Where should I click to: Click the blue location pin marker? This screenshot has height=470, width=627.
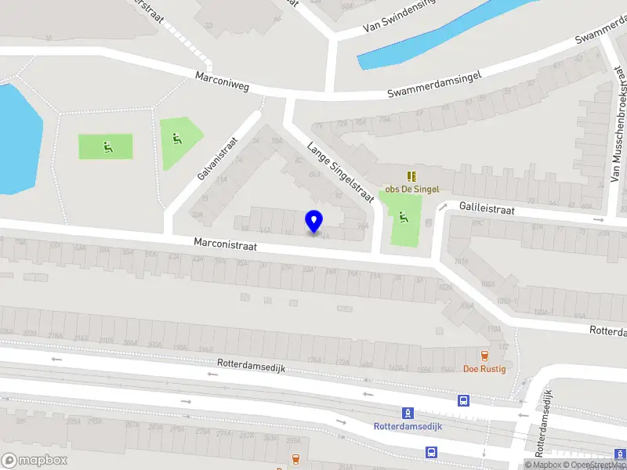[314, 222]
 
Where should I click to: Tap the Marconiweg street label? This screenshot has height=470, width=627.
[223, 81]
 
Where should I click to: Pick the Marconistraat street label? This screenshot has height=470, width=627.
[227, 246]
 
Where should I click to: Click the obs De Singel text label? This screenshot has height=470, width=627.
[410, 189]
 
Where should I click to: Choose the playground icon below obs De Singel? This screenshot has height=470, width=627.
[404, 217]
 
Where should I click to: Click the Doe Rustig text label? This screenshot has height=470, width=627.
[484, 369]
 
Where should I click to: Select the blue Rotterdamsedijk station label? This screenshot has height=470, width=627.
[408, 427]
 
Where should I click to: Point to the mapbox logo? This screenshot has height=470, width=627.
[34, 461]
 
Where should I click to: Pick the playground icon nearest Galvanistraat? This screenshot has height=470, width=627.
[177, 138]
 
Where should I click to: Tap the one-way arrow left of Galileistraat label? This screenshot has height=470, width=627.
[442, 208]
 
